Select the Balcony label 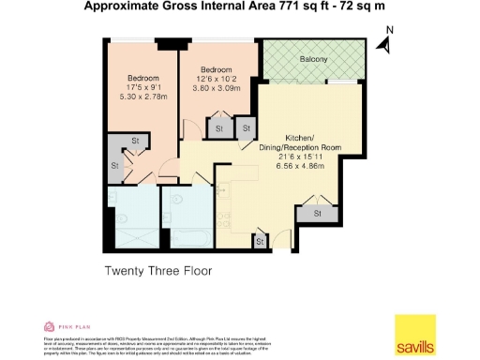click(x=313, y=60)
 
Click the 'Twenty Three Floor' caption click(x=157, y=271)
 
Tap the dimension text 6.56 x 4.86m click(x=299, y=166)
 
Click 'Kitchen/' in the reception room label click(x=299, y=138)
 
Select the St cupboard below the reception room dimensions click(x=317, y=214)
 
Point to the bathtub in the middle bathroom click(x=187, y=231)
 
